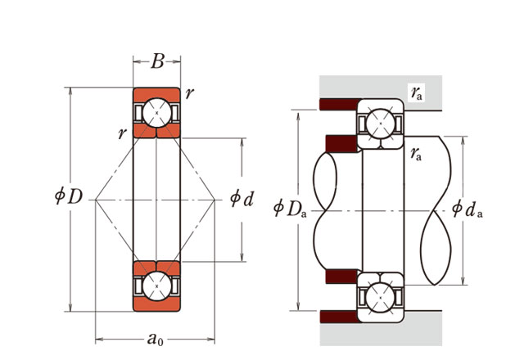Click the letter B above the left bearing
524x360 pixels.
(x=157, y=62)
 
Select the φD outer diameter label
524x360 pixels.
(x=69, y=199)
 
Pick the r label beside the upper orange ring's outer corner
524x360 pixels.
(x=190, y=92)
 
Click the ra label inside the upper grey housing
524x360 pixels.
(x=418, y=92)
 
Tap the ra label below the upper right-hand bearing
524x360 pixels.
(x=417, y=152)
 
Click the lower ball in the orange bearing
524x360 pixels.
(x=156, y=285)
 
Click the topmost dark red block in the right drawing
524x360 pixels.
(x=338, y=104)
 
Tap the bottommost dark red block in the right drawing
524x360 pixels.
(x=338, y=315)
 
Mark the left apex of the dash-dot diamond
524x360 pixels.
(x=95, y=199)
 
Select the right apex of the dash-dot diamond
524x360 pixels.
(x=215, y=199)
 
